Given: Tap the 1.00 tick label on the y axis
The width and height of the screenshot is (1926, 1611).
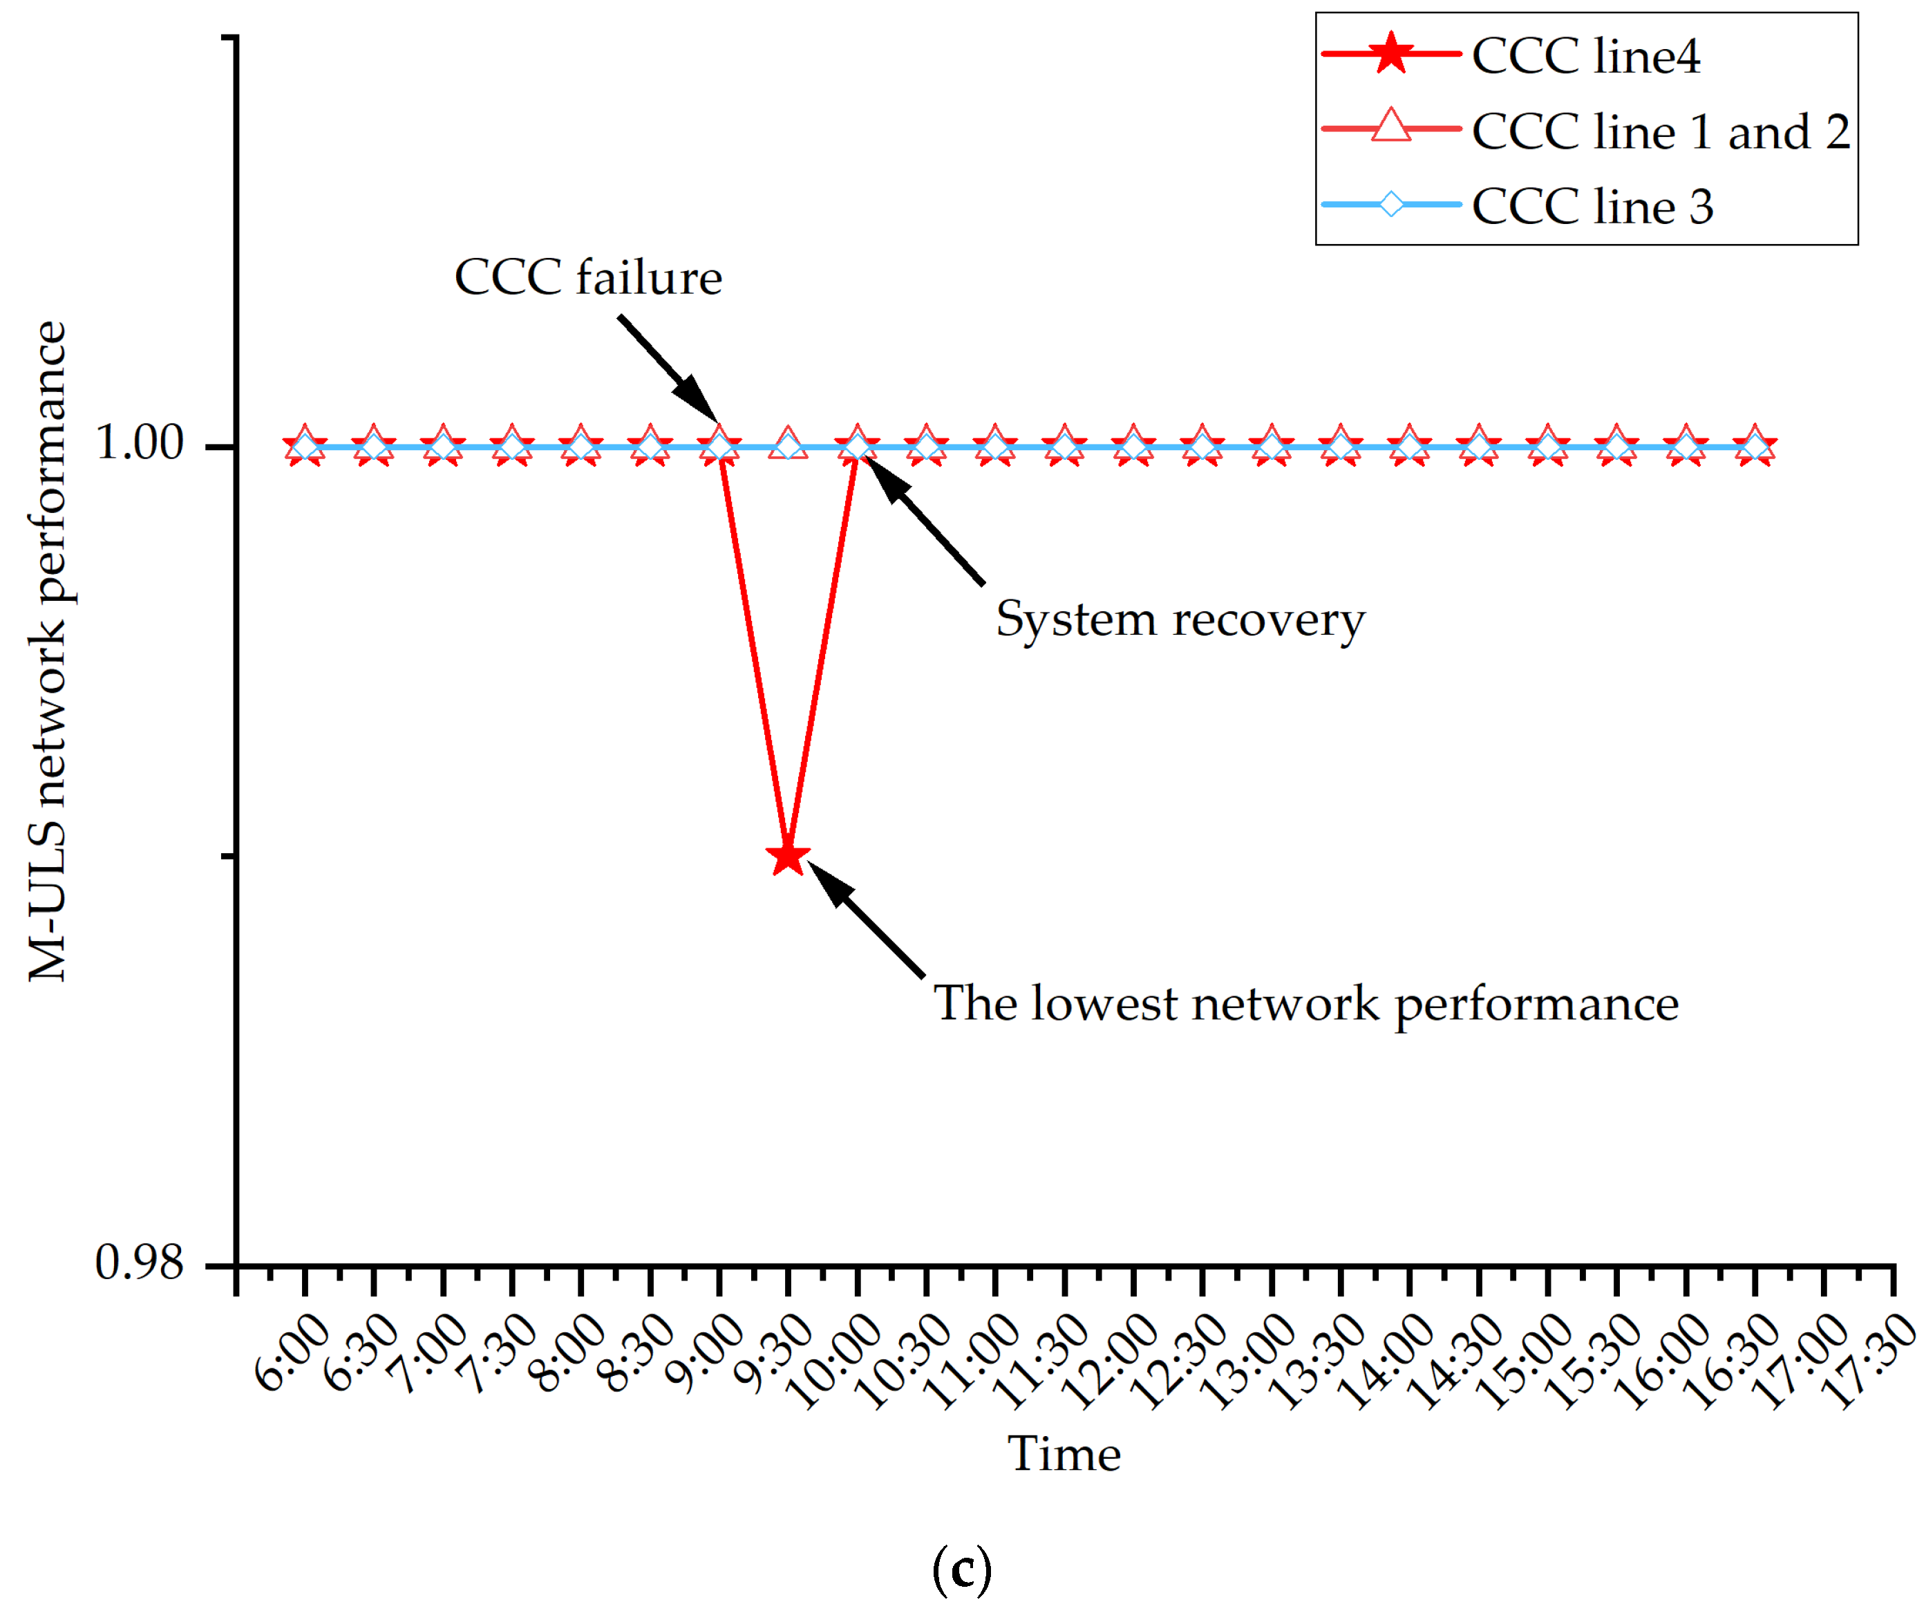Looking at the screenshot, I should (x=140, y=443).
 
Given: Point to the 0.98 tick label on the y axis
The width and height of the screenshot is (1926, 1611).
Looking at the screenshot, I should (x=140, y=1263).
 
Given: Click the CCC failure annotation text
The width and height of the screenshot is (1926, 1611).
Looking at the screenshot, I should (x=588, y=277).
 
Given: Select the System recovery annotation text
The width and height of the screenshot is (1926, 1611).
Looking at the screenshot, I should (x=1180, y=620).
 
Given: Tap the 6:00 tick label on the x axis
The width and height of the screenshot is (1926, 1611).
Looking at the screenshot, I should (x=292, y=1352).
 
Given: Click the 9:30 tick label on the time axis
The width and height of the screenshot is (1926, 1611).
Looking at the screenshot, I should (x=775, y=1352).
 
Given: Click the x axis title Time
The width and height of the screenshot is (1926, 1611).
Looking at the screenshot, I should (x=1064, y=1454).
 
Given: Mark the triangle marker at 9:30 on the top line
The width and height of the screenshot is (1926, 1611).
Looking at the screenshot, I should (x=788, y=444).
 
